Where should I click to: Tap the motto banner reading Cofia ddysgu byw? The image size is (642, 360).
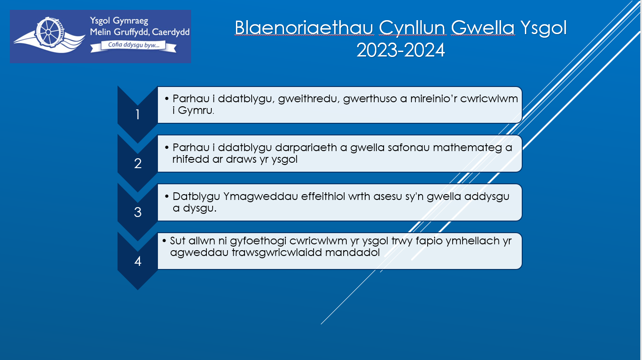pos(133,46)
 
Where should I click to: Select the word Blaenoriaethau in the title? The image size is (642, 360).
pos(304,28)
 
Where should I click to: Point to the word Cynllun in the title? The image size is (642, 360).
pos(412,29)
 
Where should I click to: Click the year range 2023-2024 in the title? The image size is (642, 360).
pos(400,50)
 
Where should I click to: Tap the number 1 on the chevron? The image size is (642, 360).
pos(138,115)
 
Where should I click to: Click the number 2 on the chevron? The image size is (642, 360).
pos(138,164)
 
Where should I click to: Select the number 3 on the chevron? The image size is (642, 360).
pos(138,212)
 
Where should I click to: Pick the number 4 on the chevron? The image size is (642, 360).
pos(138,261)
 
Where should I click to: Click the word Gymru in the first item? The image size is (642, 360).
pos(196,111)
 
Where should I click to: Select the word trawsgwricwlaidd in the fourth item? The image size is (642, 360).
pos(277,253)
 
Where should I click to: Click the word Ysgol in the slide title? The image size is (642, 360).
pos(544,29)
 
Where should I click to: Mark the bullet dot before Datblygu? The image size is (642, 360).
pos(167,196)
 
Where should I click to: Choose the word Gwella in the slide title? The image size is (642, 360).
pos(483,28)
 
